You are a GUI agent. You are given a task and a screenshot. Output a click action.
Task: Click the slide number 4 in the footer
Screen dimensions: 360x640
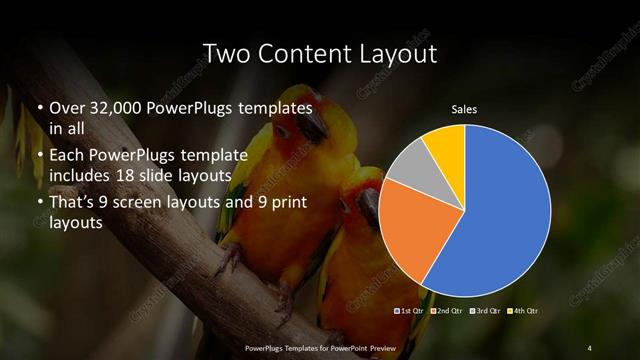(x=590, y=347)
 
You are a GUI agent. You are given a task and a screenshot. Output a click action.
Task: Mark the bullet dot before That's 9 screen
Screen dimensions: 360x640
(x=39, y=204)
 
